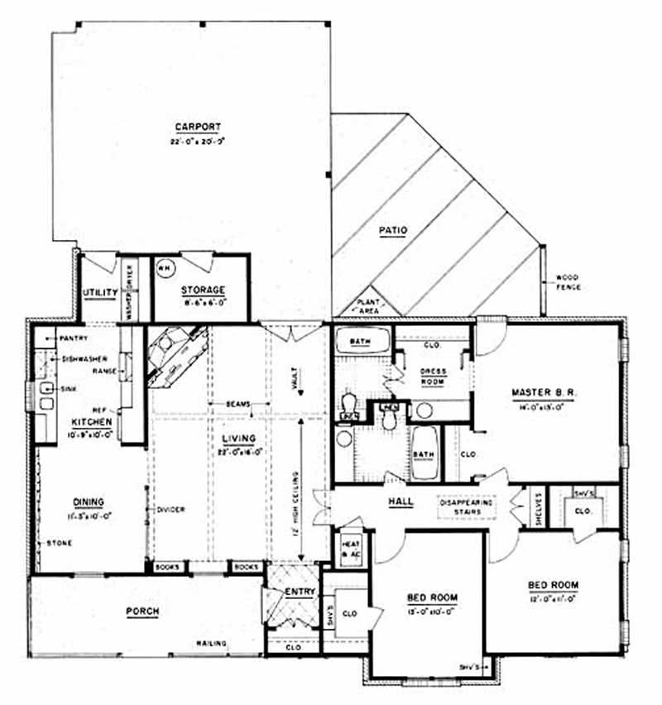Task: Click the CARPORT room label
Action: pyautogui.click(x=198, y=127)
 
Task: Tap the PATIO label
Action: pyautogui.click(x=394, y=231)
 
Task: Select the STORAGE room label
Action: pyautogui.click(x=202, y=290)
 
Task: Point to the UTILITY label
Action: pyautogui.click(x=100, y=292)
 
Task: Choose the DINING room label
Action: pyautogui.click(x=88, y=501)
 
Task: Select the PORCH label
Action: pyautogui.click(x=142, y=611)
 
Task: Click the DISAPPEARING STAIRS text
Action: pyautogui.click(x=466, y=507)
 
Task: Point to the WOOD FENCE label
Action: pyautogui.click(x=568, y=281)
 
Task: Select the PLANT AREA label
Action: pyautogui.click(x=367, y=306)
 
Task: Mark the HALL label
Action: pyautogui.click(x=401, y=501)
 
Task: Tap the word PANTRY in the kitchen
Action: pyautogui.click(x=72, y=338)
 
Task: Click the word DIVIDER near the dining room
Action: pyautogui.click(x=170, y=509)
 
